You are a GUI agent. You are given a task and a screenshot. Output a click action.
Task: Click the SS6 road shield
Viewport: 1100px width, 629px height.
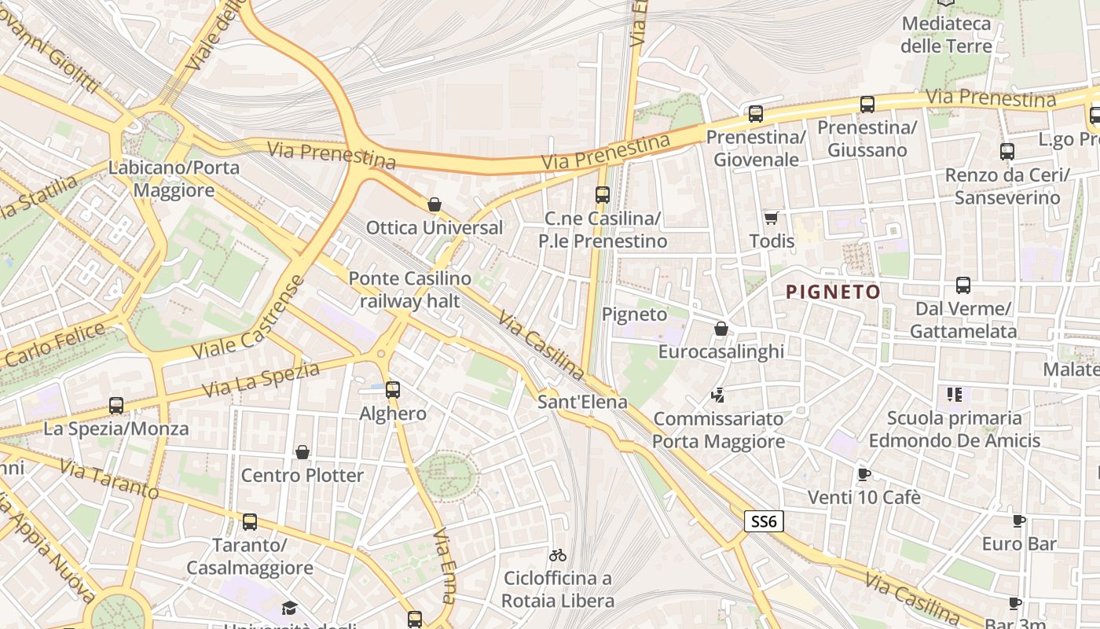764,520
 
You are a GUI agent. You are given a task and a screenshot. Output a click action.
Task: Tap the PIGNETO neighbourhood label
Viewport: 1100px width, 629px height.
833,292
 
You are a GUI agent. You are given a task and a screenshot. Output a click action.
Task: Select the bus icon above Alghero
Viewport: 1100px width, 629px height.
393,389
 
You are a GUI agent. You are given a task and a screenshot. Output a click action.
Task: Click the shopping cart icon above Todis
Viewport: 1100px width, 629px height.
771,217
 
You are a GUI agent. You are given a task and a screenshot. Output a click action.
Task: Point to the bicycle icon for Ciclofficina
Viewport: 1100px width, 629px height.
558,555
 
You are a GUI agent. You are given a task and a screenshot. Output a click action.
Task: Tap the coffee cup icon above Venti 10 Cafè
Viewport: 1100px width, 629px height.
863,473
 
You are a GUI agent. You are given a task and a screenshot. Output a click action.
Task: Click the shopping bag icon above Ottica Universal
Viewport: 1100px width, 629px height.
434,204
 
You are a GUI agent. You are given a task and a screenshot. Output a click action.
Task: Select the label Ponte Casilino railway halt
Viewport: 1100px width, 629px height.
409,289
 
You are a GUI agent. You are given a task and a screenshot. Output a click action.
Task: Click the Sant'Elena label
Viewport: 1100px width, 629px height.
582,402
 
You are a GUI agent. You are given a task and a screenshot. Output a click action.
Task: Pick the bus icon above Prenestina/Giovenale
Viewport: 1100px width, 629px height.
756,113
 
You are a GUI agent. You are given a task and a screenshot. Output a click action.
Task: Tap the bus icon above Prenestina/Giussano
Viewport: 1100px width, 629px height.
867,104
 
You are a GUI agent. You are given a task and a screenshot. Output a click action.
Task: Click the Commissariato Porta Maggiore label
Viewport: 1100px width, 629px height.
718,430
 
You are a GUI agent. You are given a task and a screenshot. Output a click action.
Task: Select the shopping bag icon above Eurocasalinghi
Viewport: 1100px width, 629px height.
720,328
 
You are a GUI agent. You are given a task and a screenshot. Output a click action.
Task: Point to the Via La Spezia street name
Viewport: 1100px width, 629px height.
260,379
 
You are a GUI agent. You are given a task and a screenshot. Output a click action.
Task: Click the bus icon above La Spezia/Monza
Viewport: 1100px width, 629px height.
116,405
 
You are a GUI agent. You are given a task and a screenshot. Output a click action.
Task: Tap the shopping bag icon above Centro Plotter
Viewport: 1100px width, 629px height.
302,451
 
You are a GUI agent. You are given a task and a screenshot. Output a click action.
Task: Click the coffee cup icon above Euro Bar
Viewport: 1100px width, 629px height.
1018,520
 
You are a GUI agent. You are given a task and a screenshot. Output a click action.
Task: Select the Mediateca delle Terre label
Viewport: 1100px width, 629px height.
946,35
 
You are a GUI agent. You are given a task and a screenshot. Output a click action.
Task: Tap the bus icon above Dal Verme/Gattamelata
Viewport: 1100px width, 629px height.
963,285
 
